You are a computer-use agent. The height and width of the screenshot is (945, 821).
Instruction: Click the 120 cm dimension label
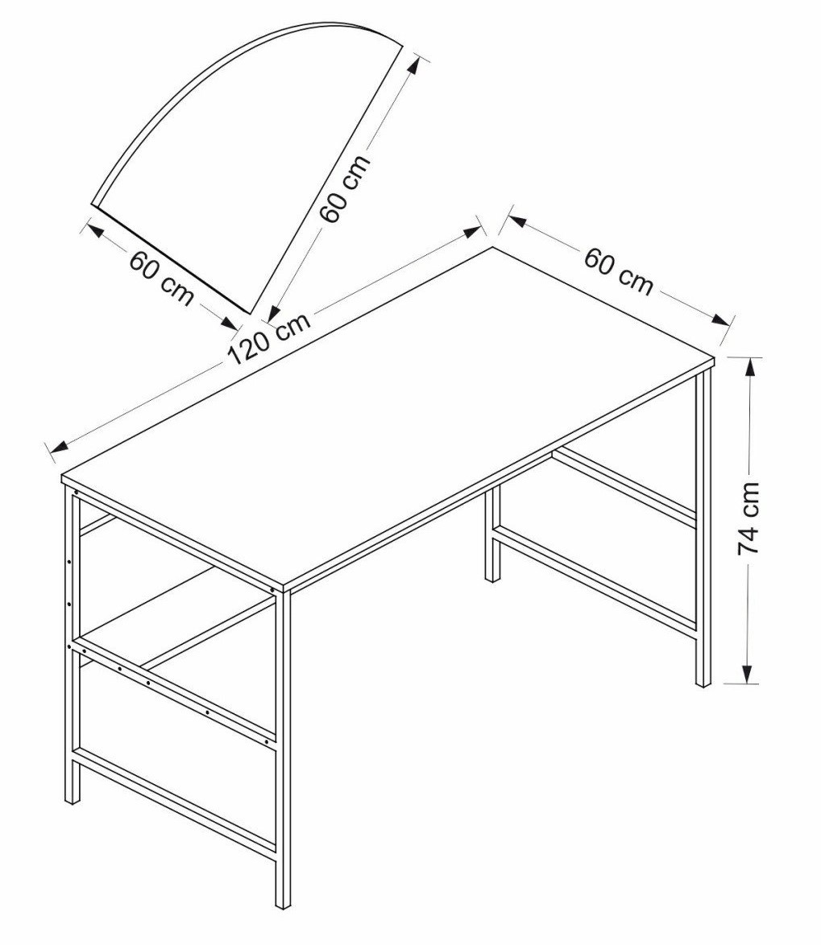pos(270,340)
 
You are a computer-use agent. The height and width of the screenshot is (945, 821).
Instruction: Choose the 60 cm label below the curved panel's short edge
pos(162,278)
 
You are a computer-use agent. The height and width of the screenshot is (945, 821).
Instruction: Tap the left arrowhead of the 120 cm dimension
pos(59,447)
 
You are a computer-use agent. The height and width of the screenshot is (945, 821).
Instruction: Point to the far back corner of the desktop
pos(493,247)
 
